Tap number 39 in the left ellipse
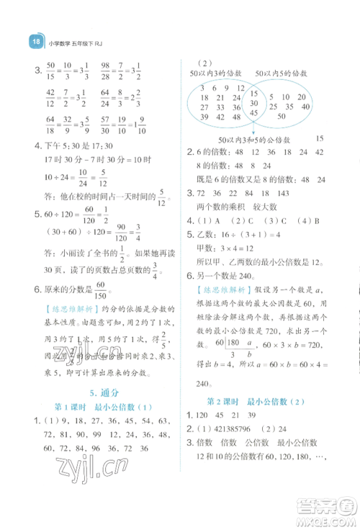pyautogui.click(x=207, y=117)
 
